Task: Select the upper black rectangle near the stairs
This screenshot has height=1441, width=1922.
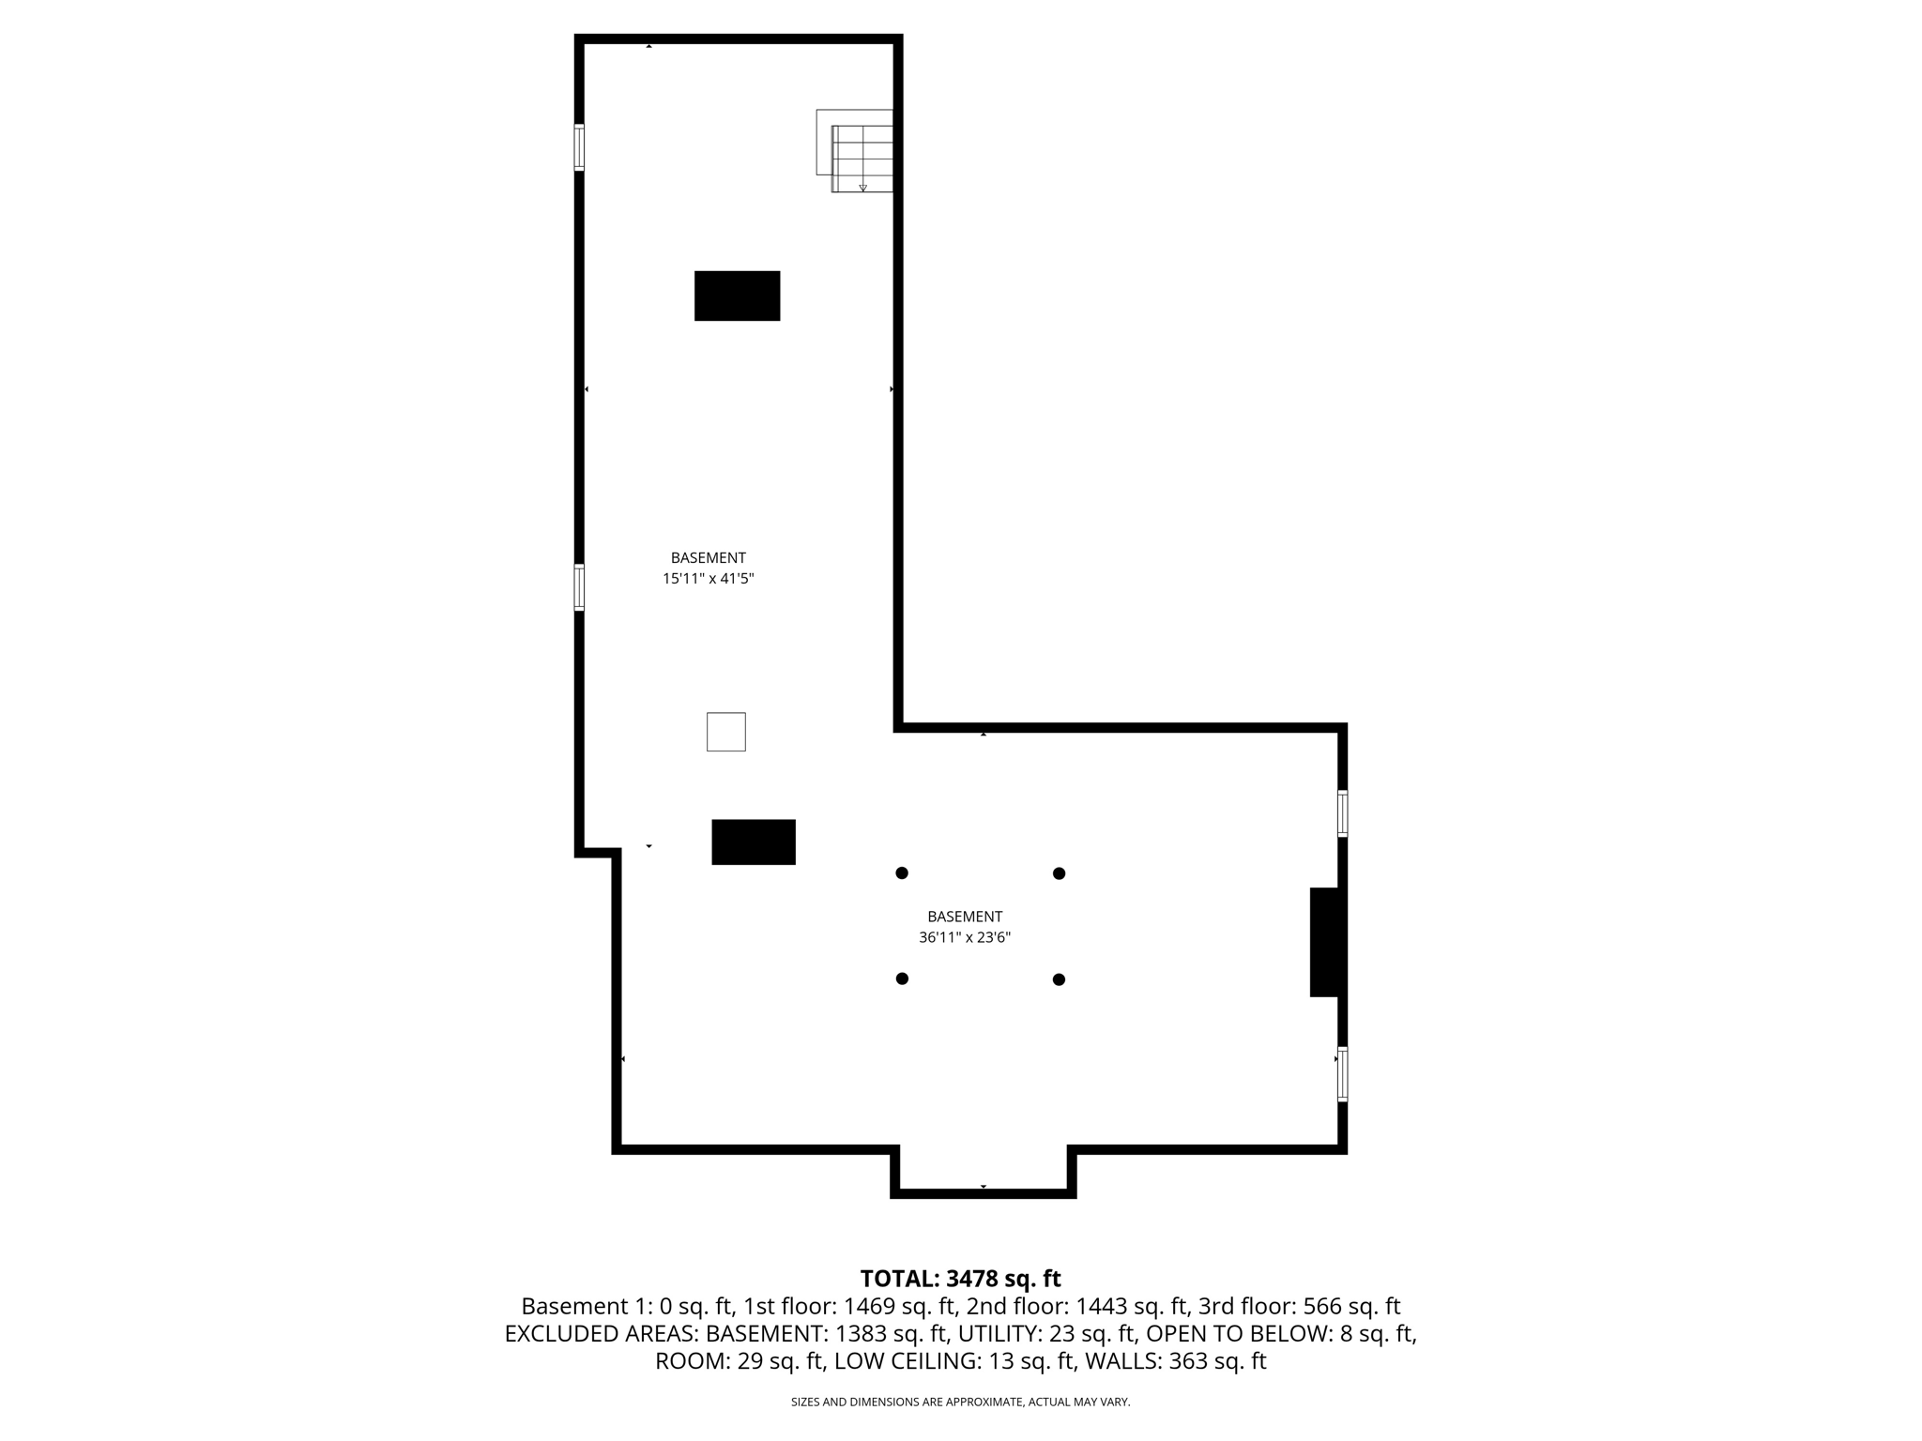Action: point(737,296)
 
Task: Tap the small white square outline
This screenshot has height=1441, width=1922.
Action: point(725,732)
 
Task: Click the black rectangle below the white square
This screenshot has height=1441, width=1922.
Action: point(753,842)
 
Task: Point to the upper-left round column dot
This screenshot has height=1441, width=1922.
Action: point(902,873)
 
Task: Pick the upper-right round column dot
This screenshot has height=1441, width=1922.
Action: point(1059,873)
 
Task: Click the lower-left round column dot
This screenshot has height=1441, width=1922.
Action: point(902,978)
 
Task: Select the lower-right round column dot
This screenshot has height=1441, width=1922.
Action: point(1059,979)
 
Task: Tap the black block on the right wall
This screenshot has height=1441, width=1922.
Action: point(1325,942)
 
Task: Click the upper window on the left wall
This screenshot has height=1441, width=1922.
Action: point(579,147)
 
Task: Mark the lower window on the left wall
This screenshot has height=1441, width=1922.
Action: point(579,587)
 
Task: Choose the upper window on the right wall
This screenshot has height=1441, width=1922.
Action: point(1342,813)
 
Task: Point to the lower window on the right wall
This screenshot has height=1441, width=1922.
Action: point(1342,1073)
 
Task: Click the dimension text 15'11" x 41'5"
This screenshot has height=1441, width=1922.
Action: point(708,579)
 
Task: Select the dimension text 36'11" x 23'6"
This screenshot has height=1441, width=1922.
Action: point(964,937)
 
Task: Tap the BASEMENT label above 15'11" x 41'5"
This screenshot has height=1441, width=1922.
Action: point(708,557)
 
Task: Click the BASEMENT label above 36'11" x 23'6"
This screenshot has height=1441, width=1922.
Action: point(964,917)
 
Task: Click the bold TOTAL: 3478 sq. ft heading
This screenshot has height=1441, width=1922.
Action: point(960,1279)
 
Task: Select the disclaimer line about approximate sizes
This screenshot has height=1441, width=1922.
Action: point(960,1402)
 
